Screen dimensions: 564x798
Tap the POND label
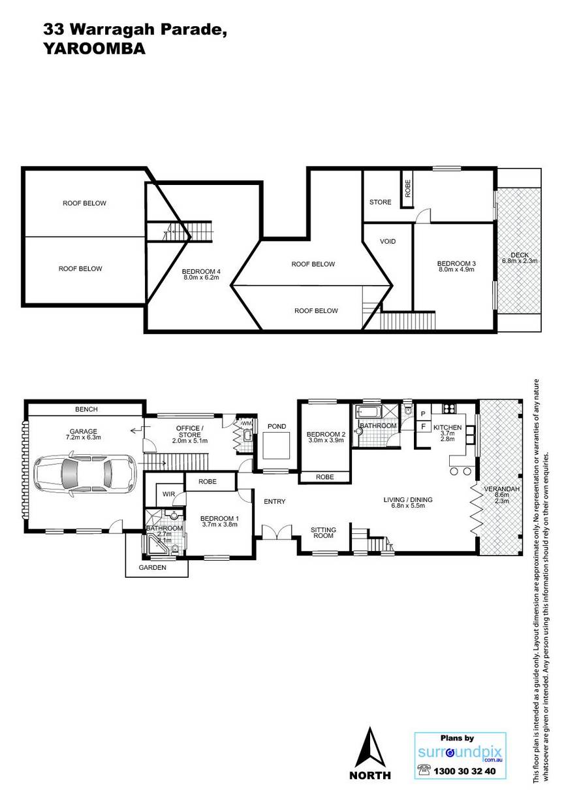[x=277, y=426]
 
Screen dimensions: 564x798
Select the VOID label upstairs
[x=388, y=242]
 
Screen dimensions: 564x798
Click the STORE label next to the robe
[x=380, y=202]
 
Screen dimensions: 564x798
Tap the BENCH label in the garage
[x=86, y=409]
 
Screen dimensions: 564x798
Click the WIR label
[x=168, y=494]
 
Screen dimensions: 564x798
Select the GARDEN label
[x=152, y=567]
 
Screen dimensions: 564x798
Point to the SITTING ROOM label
[x=323, y=533]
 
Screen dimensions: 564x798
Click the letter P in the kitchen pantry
[x=423, y=414]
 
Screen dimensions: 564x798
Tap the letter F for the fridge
[x=424, y=426]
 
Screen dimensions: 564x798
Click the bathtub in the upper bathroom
[x=368, y=412]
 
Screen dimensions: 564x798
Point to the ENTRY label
[x=274, y=501]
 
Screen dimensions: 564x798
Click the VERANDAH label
[x=502, y=489]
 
